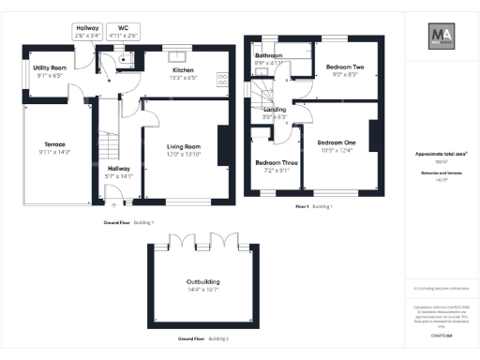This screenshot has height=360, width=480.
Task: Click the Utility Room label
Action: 51,69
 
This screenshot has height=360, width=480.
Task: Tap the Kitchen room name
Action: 183,70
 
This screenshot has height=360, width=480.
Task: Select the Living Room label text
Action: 184,147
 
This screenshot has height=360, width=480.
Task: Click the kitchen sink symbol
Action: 175,53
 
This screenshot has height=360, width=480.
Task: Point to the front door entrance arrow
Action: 112,199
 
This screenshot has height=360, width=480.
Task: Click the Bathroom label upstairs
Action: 270,56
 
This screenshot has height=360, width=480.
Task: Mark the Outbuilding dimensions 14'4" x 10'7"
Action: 198,290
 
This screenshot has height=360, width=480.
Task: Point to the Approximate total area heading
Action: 442,154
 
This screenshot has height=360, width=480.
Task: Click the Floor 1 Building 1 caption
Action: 314,205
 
